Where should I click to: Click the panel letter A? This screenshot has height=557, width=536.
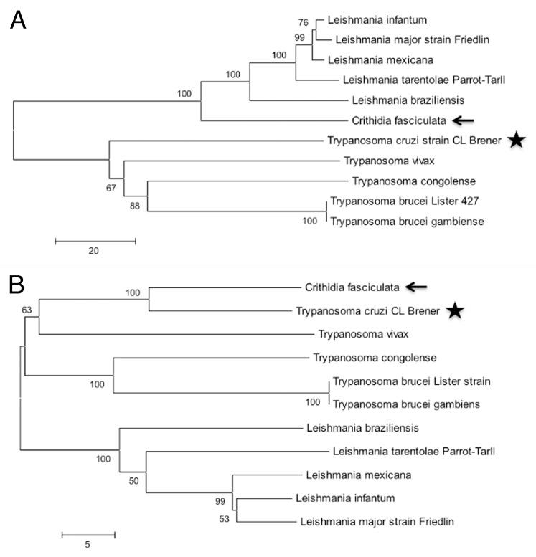(18, 19)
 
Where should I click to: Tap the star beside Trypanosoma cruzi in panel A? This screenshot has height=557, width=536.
(515, 141)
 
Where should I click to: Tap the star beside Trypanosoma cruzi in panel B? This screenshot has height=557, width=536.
(454, 310)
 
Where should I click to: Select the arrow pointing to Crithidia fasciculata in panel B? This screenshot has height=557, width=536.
(415, 287)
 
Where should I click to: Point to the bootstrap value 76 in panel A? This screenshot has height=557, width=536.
(304, 22)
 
